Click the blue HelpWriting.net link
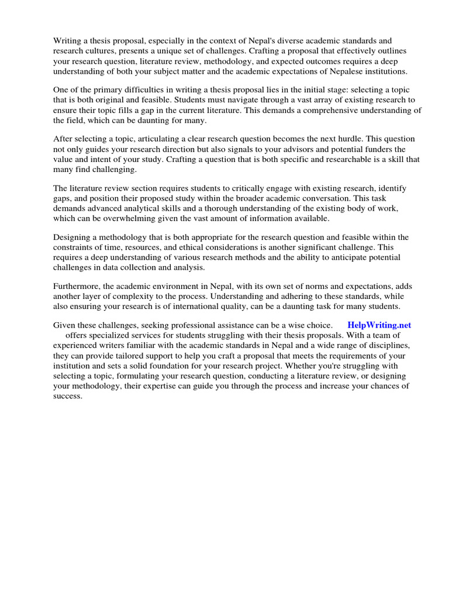[379, 325]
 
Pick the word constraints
[76, 247]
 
